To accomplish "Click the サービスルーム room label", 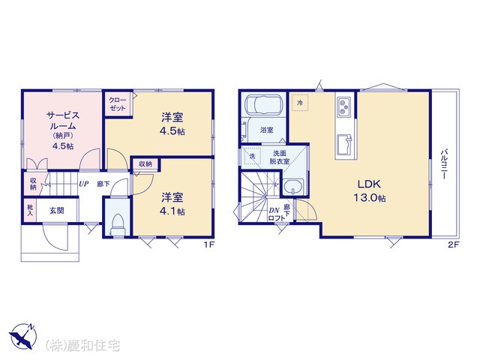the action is (63, 121).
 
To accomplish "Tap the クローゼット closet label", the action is (118, 104).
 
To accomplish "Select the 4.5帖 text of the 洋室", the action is (172, 131).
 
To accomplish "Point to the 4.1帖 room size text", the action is (172, 211).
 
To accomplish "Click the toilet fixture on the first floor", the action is (118, 223).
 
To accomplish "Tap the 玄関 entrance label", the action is (57, 211).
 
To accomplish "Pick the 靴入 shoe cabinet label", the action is (30, 210).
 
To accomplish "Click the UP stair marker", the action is (83, 184).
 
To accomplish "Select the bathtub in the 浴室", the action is (263, 105).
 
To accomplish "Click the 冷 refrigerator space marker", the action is (300, 103).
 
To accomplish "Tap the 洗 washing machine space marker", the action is (252, 156).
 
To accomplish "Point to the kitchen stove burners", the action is (344, 106).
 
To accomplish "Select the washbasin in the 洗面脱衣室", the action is (293, 187).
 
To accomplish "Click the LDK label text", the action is (370, 184).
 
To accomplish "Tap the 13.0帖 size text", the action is (370, 198).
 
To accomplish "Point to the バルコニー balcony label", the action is (444, 164).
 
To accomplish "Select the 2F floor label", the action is (454, 244).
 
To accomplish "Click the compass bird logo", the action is (23, 336).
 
